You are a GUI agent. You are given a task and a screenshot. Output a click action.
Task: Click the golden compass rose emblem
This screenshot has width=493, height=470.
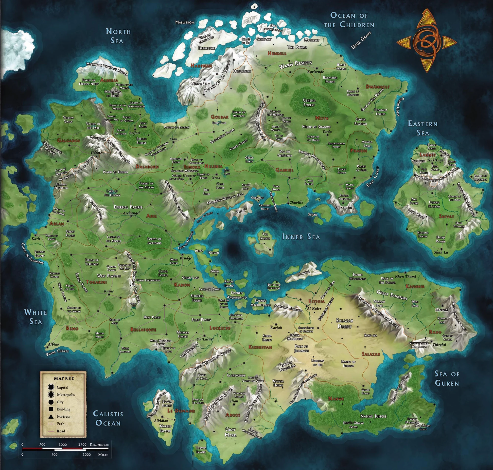click(x=427, y=41)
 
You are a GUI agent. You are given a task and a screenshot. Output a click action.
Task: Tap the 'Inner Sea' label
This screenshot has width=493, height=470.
click(x=301, y=237)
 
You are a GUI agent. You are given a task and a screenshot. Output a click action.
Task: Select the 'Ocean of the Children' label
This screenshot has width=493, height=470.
click(x=349, y=20)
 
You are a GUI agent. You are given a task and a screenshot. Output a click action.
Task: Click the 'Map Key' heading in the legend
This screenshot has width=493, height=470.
click(x=64, y=378)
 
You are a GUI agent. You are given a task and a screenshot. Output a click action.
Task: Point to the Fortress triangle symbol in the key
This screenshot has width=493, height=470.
click(x=51, y=416)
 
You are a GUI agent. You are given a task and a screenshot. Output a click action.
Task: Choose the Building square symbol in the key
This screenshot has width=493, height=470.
click(x=51, y=409)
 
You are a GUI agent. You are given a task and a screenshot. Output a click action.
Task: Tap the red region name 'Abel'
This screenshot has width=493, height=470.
click(x=152, y=216)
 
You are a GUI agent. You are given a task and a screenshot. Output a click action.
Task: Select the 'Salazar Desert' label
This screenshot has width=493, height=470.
click(x=344, y=323)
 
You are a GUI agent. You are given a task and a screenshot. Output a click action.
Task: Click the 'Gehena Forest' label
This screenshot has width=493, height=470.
click(x=309, y=102)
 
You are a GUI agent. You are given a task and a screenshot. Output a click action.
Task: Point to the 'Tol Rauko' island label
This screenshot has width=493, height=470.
click(x=265, y=236)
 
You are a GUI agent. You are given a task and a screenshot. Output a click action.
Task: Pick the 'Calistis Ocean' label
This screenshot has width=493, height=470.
click(x=108, y=418)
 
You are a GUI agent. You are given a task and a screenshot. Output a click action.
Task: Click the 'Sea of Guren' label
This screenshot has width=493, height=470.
click(x=447, y=378)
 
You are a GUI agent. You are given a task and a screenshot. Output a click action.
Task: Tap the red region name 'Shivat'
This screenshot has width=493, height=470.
click(x=446, y=216)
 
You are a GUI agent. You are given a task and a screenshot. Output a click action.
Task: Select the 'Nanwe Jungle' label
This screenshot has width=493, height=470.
click(x=373, y=416)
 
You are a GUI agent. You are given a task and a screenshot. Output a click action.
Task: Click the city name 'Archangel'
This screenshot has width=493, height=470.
click(x=131, y=213)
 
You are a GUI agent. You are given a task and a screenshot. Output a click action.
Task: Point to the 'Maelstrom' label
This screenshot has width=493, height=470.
click(x=185, y=22)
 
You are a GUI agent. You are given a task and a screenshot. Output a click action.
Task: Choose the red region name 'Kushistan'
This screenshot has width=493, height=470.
click(x=260, y=347)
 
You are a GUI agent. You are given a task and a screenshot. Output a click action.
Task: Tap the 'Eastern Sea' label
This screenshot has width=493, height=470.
click(x=423, y=128)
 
